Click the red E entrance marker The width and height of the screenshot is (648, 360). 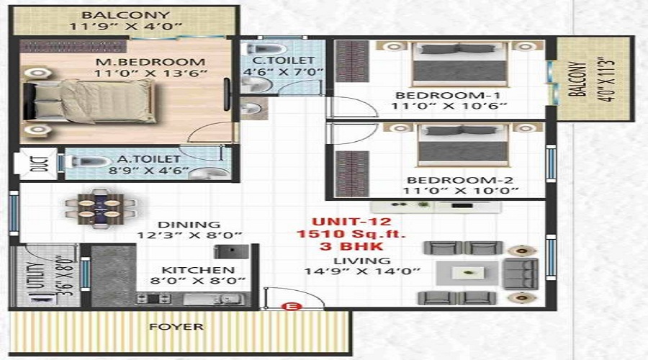[292, 307]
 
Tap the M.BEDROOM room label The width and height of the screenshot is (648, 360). [150, 63]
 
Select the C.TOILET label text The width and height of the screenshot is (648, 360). [284, 60]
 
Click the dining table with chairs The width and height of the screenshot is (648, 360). [100, 208]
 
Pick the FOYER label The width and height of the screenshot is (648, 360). [176, 327]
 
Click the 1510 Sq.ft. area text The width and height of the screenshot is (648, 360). [351, 234]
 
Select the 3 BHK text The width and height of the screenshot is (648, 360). [351, 247]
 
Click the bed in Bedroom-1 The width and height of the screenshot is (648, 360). [459, 63]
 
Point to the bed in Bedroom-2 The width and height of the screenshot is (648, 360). [463, 145]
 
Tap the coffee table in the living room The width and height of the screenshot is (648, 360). [468, 273]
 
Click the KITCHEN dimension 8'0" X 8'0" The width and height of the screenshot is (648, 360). [198, 281]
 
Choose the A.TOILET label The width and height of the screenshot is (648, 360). [149, 159]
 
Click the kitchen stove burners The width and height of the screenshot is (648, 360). [153, 298]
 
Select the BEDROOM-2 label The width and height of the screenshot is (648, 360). [460, 180]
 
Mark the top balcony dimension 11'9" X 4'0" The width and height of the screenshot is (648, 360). [125, 27]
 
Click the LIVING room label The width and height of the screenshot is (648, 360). [362, 261]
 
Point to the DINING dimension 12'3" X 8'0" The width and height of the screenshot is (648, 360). [189, 235]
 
